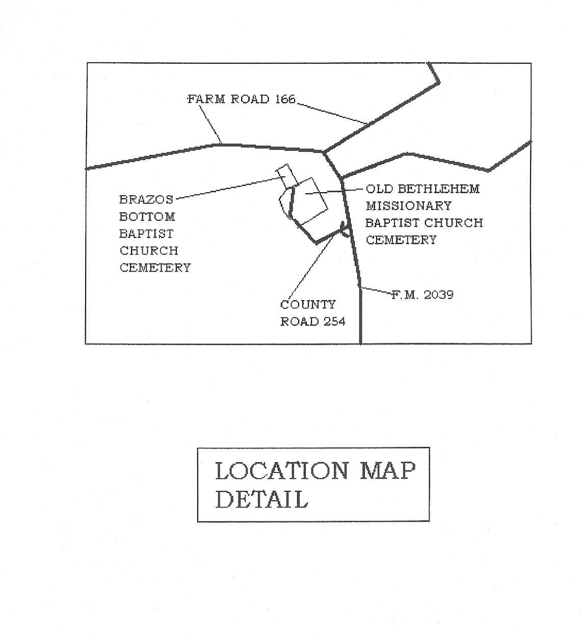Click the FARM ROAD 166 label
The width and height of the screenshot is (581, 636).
point(242,99)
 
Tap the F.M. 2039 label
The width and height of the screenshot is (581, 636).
point(422,295)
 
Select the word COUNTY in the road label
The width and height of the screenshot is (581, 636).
point(308,305)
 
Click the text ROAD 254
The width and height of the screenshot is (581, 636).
point(313,322)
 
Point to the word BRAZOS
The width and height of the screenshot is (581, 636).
point(146,200)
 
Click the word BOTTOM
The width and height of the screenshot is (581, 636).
point(147,217)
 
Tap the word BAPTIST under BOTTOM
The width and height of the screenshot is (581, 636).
point(146,234)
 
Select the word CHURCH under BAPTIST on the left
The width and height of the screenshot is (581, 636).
point(149,251)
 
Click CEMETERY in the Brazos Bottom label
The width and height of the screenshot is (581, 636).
point(155,268)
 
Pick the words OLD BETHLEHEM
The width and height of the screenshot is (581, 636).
point(422,189)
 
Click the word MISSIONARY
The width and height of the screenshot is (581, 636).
point(409,206)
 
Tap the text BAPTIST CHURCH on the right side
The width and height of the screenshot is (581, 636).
point(424,223)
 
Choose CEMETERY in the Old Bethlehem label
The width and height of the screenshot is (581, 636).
point(401,240)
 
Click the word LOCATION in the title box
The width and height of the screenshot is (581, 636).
point(282,471)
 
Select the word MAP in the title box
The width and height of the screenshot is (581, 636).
point(387,471)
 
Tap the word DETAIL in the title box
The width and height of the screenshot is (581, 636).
point(261,500)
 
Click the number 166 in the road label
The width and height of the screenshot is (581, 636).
point(285,99)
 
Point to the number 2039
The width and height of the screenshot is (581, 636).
point(439,295)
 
